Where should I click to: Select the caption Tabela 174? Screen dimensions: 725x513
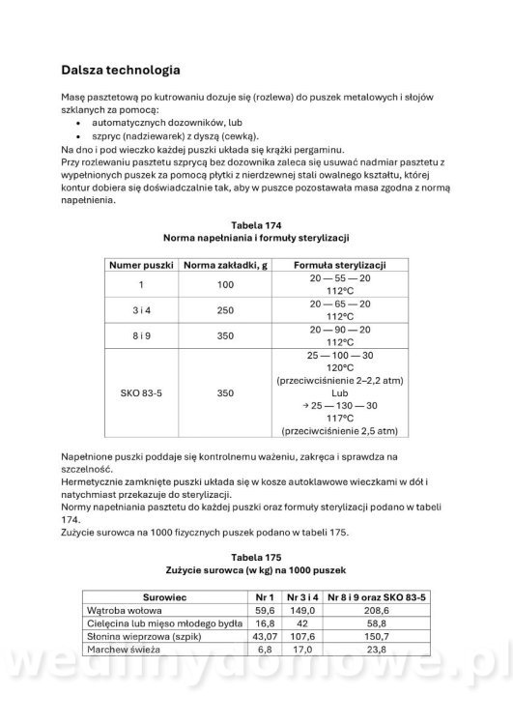point(255,224)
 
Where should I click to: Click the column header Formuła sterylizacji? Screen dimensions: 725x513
point(334,264)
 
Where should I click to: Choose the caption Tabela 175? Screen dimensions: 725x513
point(256,558)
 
